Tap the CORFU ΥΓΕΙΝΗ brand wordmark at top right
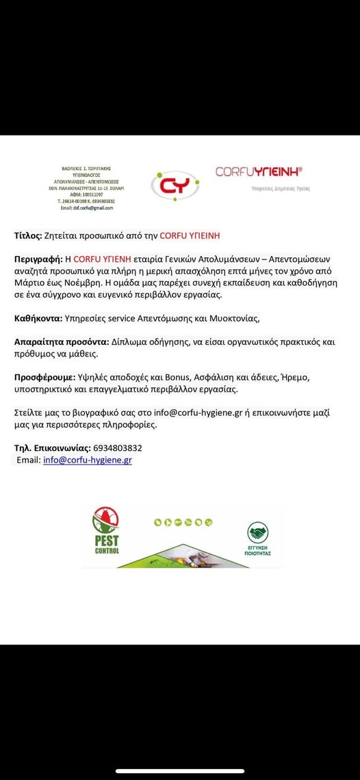(259, 172)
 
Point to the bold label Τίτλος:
(28, 236)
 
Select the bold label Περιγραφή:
(38, 259)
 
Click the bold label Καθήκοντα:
(38, 318)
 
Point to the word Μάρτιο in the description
(29, 283)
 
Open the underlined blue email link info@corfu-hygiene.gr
(88, 460)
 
